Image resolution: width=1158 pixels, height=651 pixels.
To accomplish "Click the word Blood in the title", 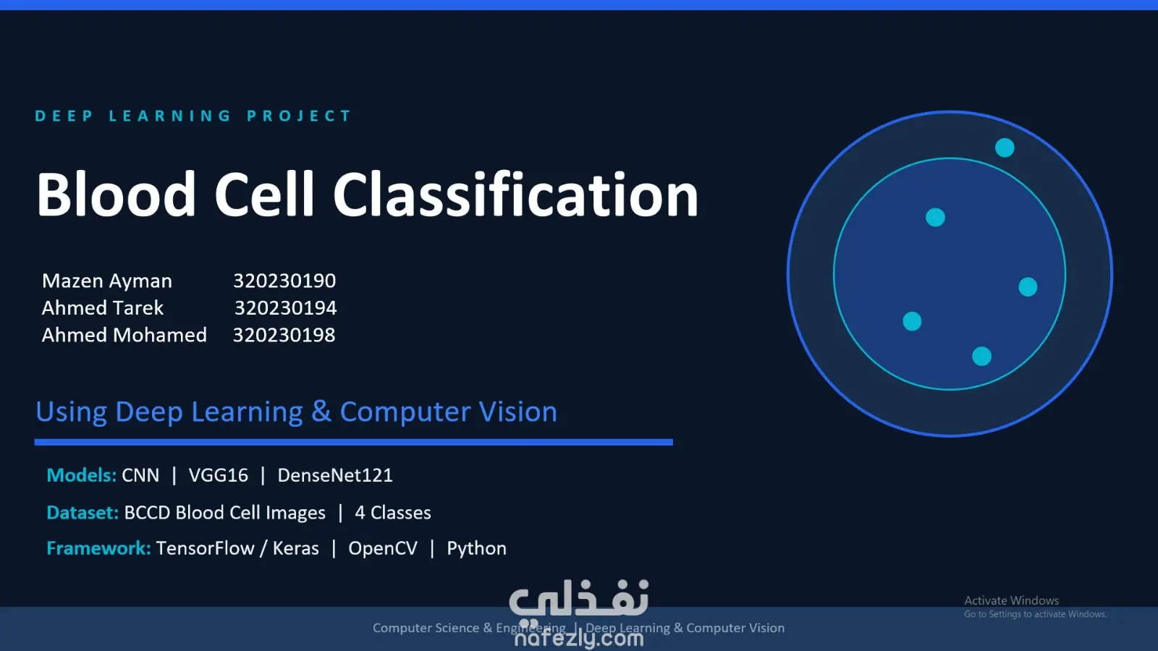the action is pos(116,195).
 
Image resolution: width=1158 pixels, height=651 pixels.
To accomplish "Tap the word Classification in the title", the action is pos(515,195).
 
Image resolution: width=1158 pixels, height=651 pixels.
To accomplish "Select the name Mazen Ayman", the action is pos(107,281).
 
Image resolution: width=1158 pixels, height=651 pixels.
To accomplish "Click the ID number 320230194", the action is pos(285,308).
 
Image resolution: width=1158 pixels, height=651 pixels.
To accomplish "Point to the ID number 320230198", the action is pos(284,336).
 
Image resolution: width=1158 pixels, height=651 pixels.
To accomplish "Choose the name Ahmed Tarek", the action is pos(102,308).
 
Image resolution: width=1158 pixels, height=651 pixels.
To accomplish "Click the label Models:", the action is pos(81,475).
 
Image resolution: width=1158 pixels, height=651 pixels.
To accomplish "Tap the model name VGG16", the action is pos(218,475).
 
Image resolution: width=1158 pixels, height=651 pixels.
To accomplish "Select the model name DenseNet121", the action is pos(335,475).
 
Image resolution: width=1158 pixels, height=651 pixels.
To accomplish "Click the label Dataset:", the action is pos(83,513).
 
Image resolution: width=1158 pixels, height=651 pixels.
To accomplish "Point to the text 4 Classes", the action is pos(393,513).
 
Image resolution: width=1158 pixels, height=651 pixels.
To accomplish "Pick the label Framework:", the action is pos(98,548).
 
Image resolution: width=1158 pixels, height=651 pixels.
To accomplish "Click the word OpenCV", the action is pos(383,548).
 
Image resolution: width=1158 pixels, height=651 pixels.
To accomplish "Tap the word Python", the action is pos(477,549).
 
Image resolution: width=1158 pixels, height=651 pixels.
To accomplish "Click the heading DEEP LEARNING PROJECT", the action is pos(193,116).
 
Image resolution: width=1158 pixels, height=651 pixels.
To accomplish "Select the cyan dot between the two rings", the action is pos(1005,148).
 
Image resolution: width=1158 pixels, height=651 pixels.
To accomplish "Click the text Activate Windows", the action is pos(1011,600).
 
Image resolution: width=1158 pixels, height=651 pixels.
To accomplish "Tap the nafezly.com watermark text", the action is pos(579,639).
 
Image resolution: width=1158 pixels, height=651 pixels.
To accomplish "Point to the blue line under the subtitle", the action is pos(354,442).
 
